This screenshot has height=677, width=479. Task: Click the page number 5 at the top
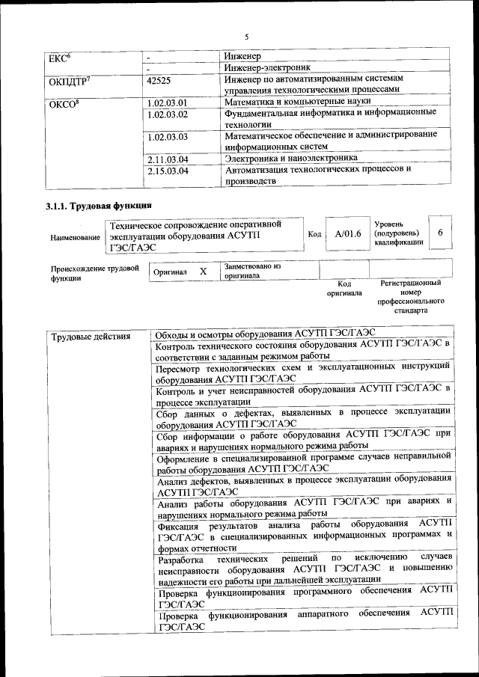[246, 35]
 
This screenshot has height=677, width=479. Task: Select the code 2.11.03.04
[168, 159]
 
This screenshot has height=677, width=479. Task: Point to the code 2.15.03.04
[168, 171]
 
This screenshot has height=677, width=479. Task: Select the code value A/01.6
[348, 234]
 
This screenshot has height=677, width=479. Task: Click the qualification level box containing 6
[440, 233]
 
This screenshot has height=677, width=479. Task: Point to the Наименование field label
[75, 238]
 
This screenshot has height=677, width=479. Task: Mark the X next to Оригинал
[203, 272]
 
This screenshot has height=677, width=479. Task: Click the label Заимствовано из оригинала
[251, 271]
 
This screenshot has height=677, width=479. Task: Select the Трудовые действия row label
[91, 336]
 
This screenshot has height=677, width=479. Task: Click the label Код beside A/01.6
[314, 234]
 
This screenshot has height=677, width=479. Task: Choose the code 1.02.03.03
[168, 138]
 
